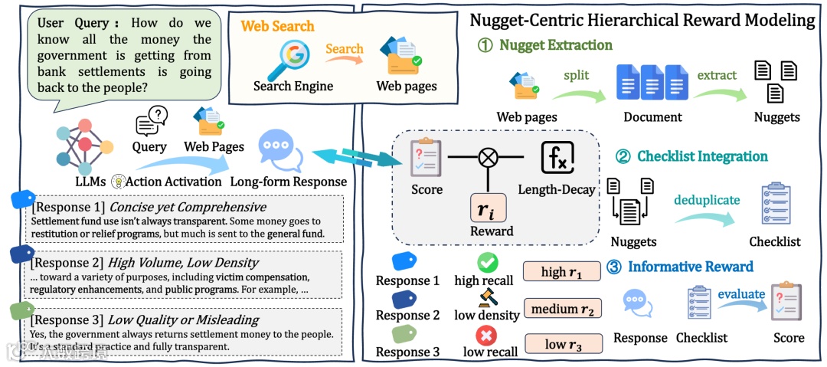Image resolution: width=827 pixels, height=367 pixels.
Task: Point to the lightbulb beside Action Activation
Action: (x=119, y=182)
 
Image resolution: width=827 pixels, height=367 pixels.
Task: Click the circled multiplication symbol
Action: (x=488, y=160)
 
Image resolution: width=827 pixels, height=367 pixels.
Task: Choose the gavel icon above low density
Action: (x=487, y=297)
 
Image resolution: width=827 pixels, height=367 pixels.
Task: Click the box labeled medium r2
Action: (x=562, y=308)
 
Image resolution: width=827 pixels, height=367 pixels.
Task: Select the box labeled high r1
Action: (x=562, y=272)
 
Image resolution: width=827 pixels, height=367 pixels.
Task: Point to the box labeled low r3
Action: (x=563, y=345)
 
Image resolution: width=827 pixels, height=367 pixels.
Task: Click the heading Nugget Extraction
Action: (x=556, y=45)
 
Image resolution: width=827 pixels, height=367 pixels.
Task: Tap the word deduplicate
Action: (x=707, y=201)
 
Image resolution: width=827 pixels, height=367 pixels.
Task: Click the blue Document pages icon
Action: (x=652, y=84)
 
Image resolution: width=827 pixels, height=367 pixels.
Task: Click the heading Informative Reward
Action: (x=690, y=267)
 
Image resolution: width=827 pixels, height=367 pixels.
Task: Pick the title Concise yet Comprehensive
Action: (x=188, y=208)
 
